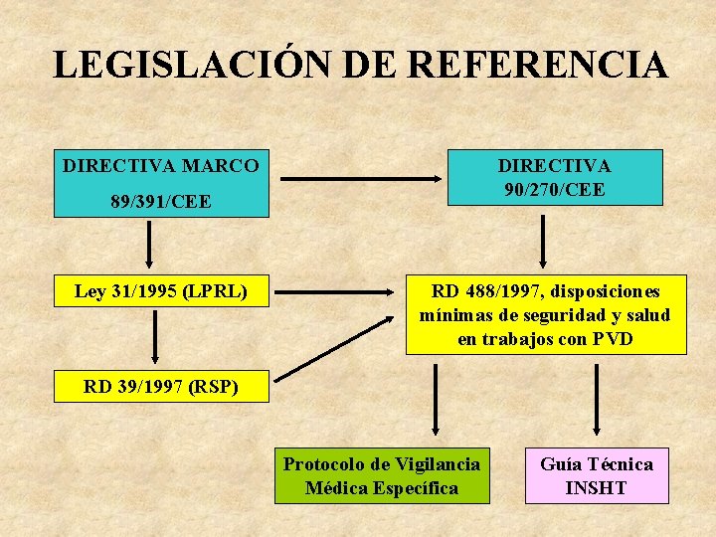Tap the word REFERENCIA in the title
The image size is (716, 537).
(537, 66)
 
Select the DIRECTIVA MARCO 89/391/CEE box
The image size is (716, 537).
(160, 183)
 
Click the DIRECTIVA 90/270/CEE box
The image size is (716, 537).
(554, 177)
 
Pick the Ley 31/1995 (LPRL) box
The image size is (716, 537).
(160, 290)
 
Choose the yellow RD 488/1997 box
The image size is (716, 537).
(545, 314)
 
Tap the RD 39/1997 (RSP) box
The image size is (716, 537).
(160, 387)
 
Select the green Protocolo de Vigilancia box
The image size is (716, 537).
(382, 475)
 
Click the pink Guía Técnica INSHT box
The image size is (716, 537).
(597, 475)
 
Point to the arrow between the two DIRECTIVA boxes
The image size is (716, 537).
(360, 179)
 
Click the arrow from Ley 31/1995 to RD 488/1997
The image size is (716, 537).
(334, 292)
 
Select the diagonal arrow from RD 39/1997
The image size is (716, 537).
(334, 348)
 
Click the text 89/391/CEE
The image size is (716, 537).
(160, 202)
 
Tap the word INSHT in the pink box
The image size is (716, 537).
(597, 488)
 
